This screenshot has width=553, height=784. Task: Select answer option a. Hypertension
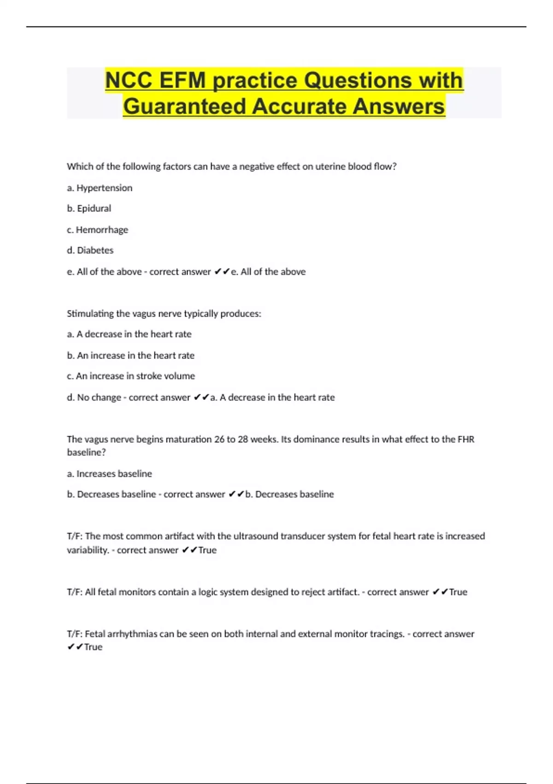pyautogui.click(x=100, y=188)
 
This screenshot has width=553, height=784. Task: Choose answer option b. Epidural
pyautogui.click(x=89, y=208)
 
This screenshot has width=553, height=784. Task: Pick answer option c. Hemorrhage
pyautogui.click(x=97, y=230)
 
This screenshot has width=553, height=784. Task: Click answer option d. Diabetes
pyautogui.click(x=90, y=250)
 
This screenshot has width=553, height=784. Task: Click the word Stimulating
pyautogui.click(x=90, y=314)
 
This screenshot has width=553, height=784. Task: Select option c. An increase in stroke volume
pyautogui.click(x=131, y=376)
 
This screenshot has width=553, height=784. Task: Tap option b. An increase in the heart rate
pyautogui.click(x=130, y=356)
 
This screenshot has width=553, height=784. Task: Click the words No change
pyautogui.click(x=99, y=398)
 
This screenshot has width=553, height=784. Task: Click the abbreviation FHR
pyautogui.click(x=466, y=440)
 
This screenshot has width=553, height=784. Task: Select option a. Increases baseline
pyautogui.click(x=109, y=474)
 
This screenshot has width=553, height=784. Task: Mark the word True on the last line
pyautogui.click(x=93, y=647)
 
